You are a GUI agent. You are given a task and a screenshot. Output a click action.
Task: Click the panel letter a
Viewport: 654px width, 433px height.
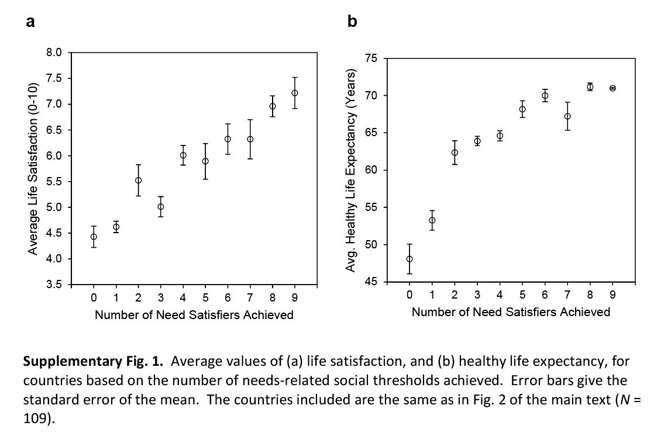coord(30,22)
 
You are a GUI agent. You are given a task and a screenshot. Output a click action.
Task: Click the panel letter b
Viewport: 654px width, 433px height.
coord(352,22)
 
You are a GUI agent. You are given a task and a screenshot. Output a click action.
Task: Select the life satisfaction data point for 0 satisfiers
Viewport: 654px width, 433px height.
coord(94,237)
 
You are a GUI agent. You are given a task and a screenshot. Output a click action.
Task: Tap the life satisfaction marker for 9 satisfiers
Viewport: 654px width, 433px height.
coord(295,93)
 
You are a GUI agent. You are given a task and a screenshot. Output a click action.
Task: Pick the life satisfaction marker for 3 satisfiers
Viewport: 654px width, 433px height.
coord(161,206)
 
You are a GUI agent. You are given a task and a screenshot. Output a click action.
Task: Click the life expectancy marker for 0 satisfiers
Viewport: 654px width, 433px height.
coord(409,259)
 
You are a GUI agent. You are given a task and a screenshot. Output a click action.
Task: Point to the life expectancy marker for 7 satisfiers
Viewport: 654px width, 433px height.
coord(567,116)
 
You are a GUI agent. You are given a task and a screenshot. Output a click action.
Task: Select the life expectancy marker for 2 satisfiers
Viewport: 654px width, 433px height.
coord(455,153)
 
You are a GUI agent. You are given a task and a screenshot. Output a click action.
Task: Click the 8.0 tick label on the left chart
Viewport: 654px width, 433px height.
coord(54,53)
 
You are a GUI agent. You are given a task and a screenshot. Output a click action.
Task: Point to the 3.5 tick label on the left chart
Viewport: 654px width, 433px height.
coord(54,285)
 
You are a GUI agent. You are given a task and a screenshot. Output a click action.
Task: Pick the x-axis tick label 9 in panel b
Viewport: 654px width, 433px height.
coord(612,295)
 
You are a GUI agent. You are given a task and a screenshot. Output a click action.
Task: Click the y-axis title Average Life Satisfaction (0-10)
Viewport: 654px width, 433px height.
coord(34,169)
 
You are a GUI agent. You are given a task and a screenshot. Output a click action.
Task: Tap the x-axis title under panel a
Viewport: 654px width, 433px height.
coord(194,316)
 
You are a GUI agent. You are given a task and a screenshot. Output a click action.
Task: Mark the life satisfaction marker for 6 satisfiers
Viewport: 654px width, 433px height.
coord(228,139)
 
